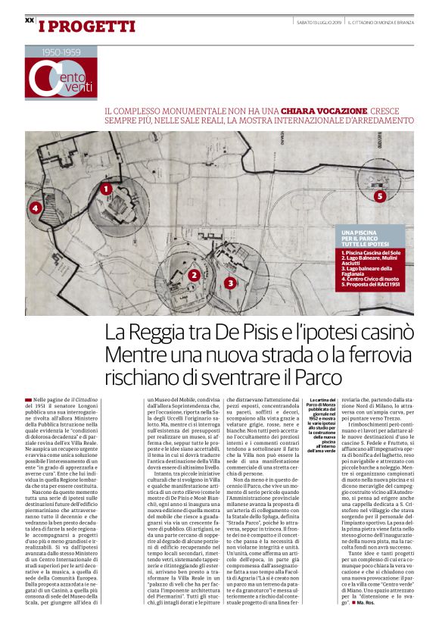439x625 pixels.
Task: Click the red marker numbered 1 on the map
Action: (x=106, y=189)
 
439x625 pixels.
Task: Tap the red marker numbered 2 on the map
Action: (x=195, y=276)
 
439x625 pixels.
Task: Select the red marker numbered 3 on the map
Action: (x=230, y=283)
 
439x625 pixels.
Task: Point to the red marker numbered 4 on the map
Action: (x=35, y=208)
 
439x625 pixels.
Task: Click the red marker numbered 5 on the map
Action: (x=380, y=196)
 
